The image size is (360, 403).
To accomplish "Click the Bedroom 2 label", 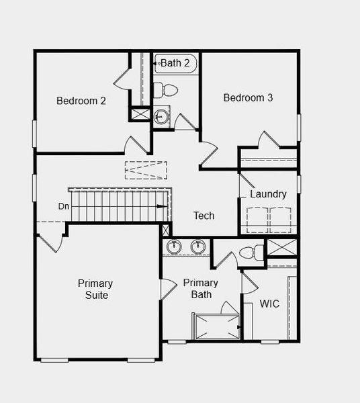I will pos(81,101).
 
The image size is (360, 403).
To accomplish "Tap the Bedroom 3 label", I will pos(248,97).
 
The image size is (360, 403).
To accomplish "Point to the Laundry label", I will pos(268,194).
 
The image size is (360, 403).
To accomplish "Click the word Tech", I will pos(204,216).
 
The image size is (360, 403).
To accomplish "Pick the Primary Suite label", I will pos(95,289).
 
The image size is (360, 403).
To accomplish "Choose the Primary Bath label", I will pos(200,289).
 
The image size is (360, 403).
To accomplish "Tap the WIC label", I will pos(269,304).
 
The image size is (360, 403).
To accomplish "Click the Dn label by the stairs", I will pos(63,206).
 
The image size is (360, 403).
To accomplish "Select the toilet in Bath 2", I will pos(165,90).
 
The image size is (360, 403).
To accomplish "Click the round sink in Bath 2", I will pos(161,117).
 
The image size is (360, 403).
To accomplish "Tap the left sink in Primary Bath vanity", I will pos(174,247).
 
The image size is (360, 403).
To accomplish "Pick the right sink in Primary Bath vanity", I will pos(197,247).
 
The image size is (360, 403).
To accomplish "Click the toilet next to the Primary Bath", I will pos(249,253).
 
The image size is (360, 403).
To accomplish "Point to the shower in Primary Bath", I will pos(216,326).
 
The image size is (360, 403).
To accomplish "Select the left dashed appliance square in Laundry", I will pos(257,220).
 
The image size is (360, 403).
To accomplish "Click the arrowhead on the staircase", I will pos(163,206).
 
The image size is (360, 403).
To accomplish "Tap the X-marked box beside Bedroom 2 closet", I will pos(140,114).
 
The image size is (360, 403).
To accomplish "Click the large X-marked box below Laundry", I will pos(281,247).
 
